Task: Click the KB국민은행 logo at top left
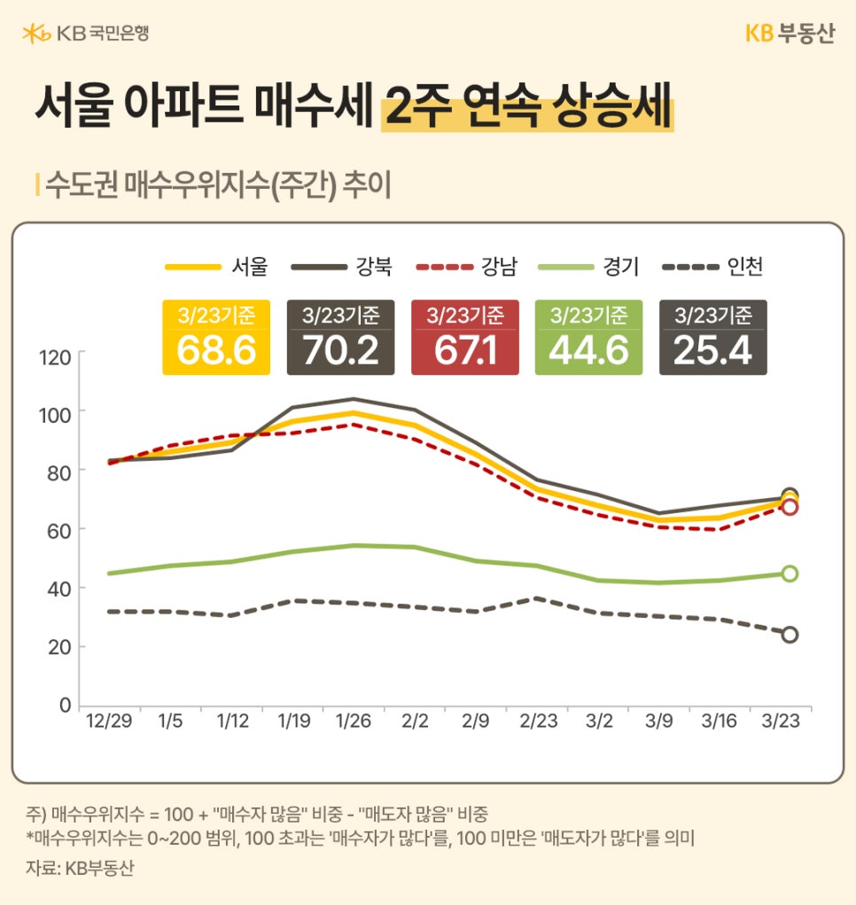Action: (x=85, y=34)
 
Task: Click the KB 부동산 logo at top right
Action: (x=789, y=34)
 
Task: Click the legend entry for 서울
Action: (x=216, y=265)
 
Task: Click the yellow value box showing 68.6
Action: (x=216, y=338)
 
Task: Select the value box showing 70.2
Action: (x=340, y=338)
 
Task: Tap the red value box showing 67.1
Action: (x=464, y=338)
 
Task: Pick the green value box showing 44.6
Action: (x=588, y=338)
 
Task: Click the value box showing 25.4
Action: (x=712, y=338)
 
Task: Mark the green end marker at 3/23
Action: (x=790, y=573)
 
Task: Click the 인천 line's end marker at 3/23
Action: (x=790, y=635)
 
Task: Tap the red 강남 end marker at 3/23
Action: (x=790, y=507)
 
